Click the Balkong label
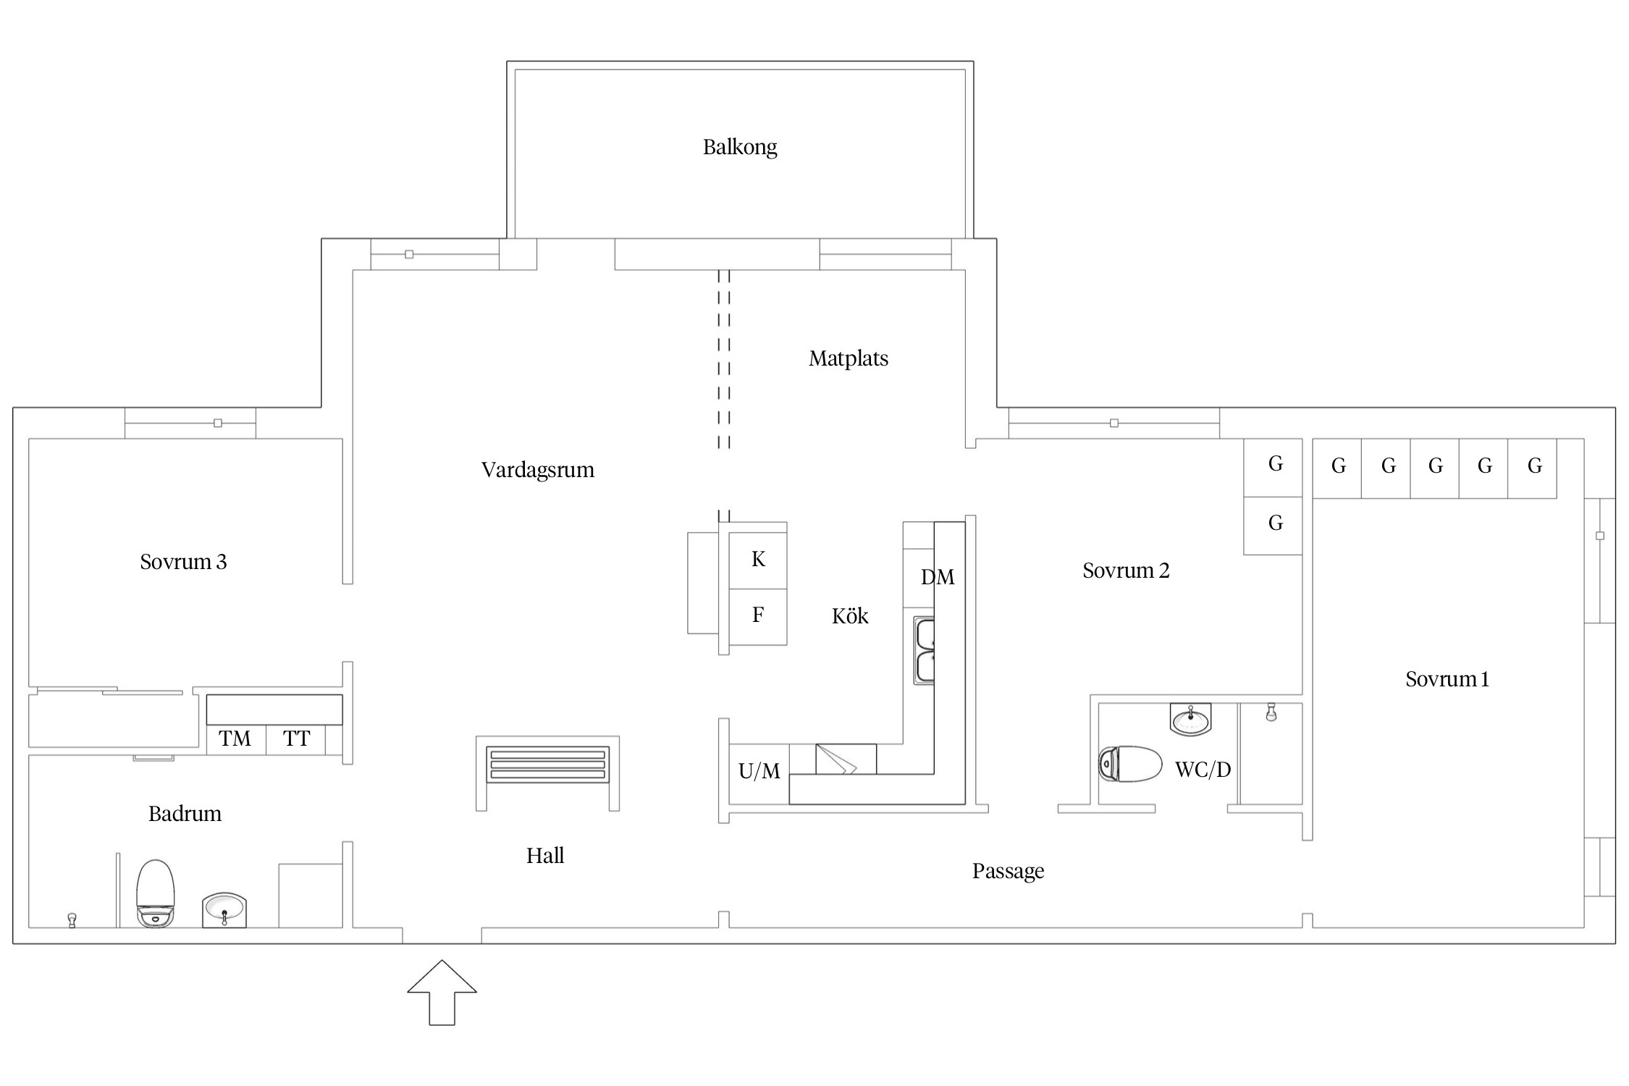point(740,147)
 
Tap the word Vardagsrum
point(537,470)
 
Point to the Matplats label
point(849,358)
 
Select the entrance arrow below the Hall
point(442,993)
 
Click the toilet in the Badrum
point(156,893)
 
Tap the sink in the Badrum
point(224,909)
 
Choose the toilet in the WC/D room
point(1130,764)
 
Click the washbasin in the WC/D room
point(1190,719)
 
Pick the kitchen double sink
point(924,651)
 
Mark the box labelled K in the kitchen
point(757,560)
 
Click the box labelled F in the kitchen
point(757,616)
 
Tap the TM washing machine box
point(236,739)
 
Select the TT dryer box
point(295,739)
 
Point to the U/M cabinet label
point(759,772)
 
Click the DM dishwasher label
point(938,577)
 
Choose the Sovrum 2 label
point(1126,571)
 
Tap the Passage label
point(1008,871)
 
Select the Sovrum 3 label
point(183,562)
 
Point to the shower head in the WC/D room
point(1271,712)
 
